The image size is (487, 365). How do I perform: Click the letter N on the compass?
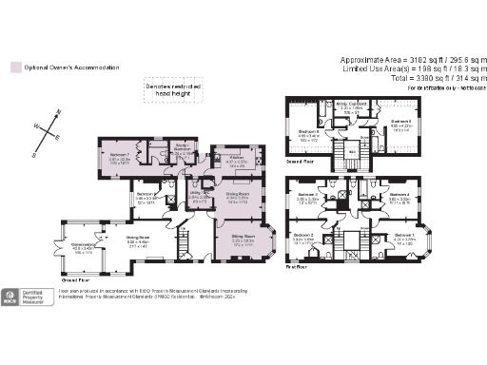[59, 112]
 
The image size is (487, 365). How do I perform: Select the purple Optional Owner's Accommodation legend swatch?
[13, 67]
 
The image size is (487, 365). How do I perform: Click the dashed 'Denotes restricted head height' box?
[174, 88]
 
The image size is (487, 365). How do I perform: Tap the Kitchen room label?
[236, 159]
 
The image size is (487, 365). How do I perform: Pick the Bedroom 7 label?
[119, 155]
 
